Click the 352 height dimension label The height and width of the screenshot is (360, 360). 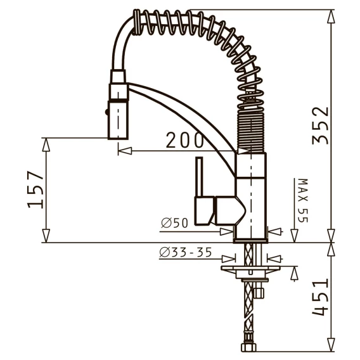(321, 125)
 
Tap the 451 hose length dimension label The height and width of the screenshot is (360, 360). (321, 297)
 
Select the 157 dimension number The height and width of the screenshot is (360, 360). (35, 190)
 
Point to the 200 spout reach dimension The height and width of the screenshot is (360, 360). (184, 140)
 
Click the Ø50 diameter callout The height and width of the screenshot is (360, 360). (174, 222)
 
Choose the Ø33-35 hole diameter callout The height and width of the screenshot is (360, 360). (186, 252)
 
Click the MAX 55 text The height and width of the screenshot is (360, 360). (303, 200)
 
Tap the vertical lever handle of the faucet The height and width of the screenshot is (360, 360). (199, 177)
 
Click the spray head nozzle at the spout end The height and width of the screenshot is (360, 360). (118, 120)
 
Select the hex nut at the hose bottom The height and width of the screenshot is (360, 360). (248, 347)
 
